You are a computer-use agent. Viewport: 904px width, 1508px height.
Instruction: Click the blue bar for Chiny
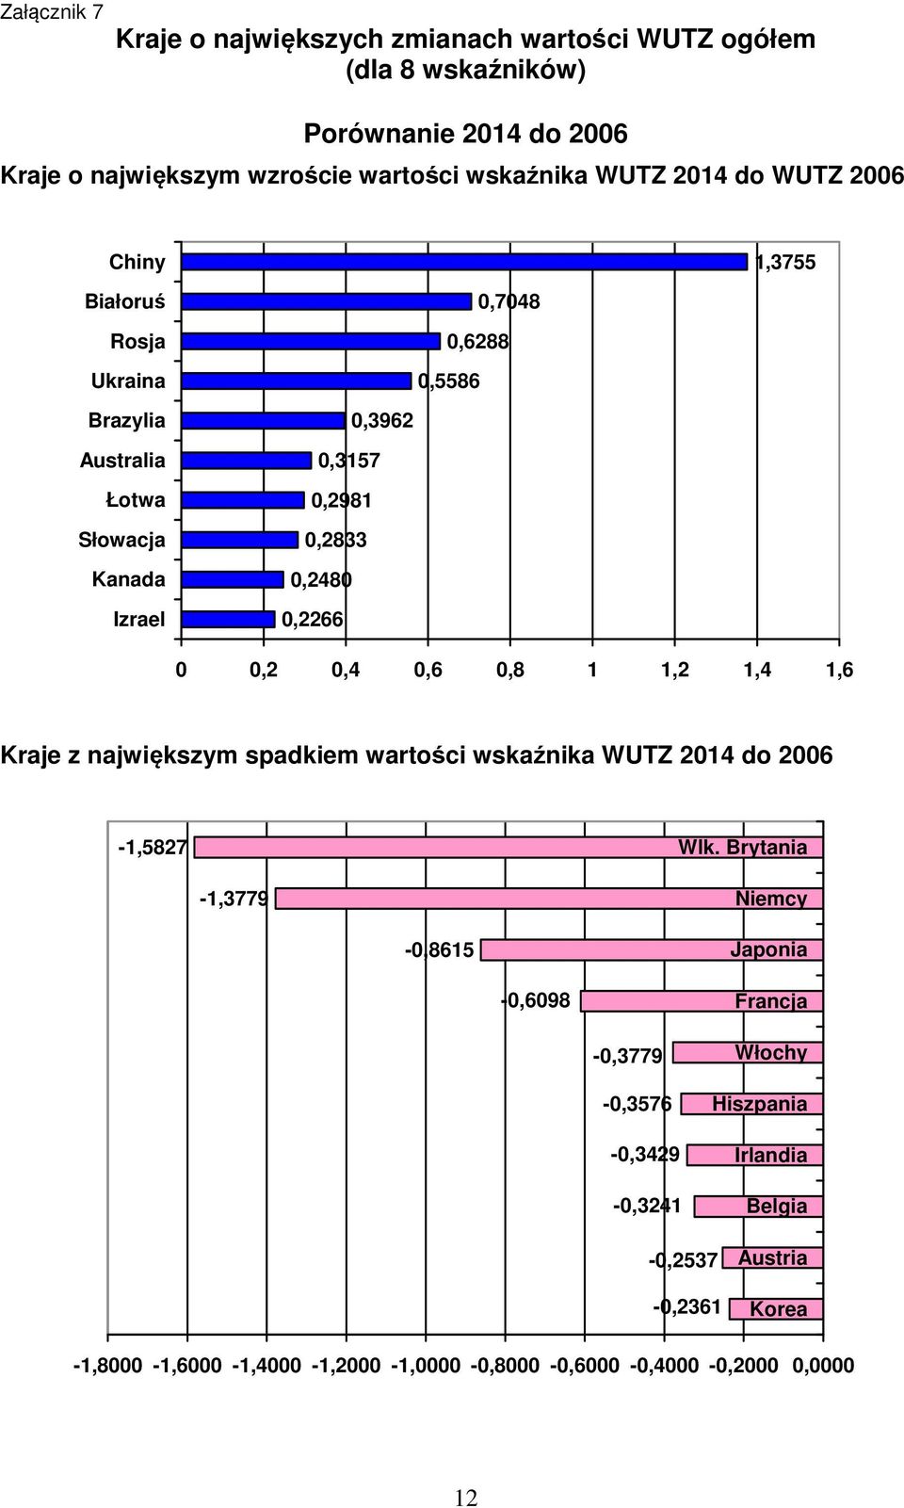click(464, 262)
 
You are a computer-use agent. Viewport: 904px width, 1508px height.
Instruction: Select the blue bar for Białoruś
click(327, 301)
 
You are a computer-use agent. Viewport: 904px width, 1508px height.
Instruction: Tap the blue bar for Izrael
click(228, 620)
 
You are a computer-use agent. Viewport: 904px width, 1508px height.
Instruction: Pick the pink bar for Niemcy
click(549, 899)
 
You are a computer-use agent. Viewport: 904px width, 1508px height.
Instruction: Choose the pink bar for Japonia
click(652, 949)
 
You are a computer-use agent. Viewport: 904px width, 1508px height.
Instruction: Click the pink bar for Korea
click(776, 1308)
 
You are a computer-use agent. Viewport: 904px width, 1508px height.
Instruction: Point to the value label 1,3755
click(785, 262)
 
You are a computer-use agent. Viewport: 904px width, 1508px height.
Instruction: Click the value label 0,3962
click(382, 421)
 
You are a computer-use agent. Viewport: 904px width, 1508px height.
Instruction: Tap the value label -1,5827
click(153, 847)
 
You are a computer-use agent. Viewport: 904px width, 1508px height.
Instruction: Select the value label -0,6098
click(536, 1001)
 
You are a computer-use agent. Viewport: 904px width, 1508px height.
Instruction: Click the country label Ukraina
click(128, 381)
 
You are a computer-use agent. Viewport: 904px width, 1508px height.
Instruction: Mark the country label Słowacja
click(121, 540)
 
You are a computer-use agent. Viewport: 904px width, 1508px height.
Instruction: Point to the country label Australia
click(122, 461)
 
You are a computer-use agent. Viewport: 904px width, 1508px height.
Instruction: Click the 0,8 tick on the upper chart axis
click(510, 670)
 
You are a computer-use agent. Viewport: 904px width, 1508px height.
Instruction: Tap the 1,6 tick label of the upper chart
click(839, 670)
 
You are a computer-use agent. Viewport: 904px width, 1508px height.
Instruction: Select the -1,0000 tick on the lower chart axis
click(426, 1365)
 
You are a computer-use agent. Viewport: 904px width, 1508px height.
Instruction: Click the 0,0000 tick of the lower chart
click(823, 1365)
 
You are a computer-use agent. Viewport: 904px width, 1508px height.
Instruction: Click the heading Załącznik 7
click(52, 12)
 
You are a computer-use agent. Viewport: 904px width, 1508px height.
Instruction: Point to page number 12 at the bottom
click(466, 1498)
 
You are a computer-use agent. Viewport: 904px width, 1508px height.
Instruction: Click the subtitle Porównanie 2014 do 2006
click(466, 134)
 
